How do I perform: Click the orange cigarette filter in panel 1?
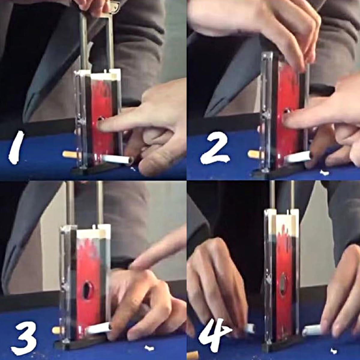(70, 154)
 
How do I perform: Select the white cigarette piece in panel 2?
(298, 157)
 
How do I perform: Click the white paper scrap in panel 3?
(149, 342)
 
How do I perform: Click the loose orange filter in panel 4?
(193, 354)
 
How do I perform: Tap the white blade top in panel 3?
(94, 232)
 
